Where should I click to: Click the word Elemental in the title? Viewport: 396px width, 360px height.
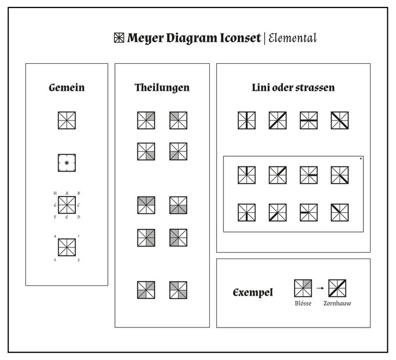[292, 38]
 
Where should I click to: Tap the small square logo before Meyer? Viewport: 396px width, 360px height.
[119, 38]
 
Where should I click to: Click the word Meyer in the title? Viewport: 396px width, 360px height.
[145, 38]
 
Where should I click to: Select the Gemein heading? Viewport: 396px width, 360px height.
[67, 88]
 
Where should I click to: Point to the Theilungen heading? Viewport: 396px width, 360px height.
[162, 88]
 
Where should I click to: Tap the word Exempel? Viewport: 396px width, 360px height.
[253, 293]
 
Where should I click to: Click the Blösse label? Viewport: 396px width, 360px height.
[303, 303]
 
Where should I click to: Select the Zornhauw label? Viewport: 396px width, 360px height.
[337, 303]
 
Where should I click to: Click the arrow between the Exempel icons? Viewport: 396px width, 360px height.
[320, 288]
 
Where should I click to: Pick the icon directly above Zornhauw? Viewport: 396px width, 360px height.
[337, 288]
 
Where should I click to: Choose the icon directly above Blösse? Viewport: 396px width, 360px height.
[303, 288]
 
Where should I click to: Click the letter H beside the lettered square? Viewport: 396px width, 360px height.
[55, 193]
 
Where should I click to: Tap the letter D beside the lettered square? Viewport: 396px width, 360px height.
[78, 217]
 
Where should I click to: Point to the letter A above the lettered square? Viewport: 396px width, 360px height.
[67, 193]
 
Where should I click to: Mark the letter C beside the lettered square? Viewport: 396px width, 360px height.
[78, 205]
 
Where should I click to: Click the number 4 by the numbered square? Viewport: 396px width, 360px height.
[55, 237]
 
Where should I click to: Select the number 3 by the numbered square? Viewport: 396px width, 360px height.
[78, 260]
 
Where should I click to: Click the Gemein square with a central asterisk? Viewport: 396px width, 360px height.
[67, 154]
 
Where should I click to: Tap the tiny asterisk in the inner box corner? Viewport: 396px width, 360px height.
[361, 158]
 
